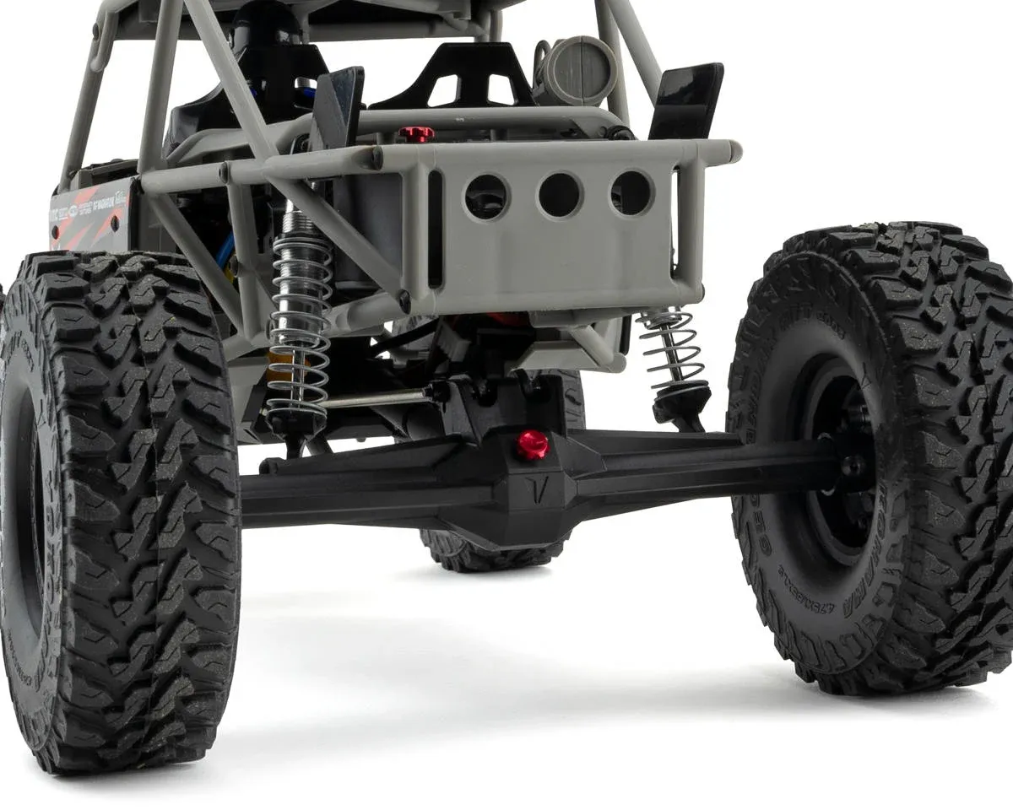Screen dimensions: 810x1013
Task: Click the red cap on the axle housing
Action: (x=532, y=444)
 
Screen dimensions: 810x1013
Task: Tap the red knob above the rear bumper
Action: (x=416, y=134)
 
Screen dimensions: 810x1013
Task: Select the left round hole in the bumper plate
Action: (x=486, y=197)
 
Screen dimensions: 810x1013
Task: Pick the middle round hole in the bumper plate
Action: (x=560, y=195)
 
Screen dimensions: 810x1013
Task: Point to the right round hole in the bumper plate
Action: (x=631, y=192)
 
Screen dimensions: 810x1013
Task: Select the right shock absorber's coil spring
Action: (x=673, y=346)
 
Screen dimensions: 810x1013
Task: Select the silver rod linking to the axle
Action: (x=376, y=398)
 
